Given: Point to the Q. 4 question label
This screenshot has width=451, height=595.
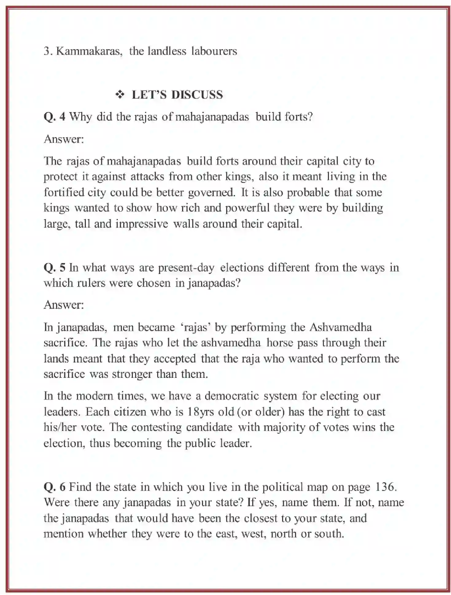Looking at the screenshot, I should coord(54,117).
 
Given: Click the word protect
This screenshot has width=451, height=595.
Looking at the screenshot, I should coord(61,177).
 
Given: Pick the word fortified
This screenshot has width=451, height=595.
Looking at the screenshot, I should coord(64,193).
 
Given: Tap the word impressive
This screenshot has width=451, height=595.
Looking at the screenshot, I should coord(142,224).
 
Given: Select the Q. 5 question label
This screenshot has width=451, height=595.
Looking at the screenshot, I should coord(54,268).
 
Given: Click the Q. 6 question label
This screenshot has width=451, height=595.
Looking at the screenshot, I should coord(54,487).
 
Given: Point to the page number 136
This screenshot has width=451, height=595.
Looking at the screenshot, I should coord(385,487).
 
